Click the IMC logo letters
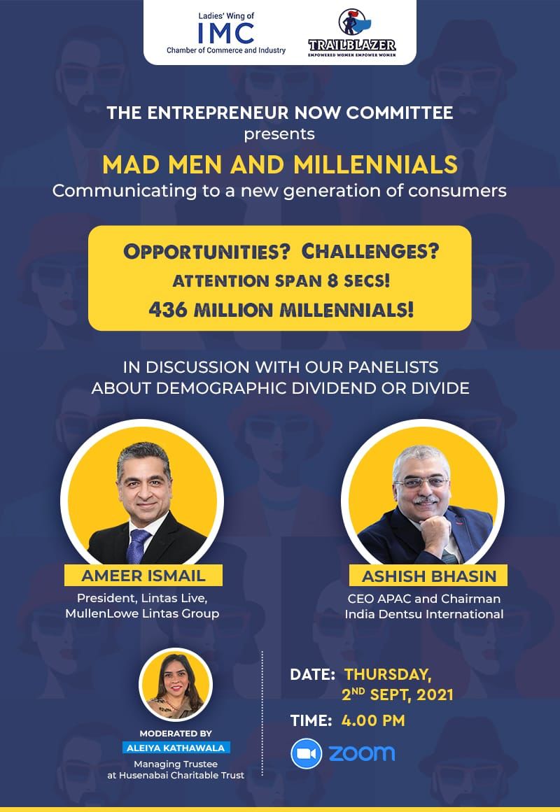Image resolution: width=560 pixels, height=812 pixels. click(x=226, y=34)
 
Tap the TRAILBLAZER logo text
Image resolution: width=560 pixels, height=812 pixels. click(x=351, y=45)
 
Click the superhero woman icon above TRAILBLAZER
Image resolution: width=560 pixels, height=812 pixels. click(x=353, y=22)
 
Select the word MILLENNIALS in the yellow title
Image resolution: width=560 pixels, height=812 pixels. click(x=375, y=164)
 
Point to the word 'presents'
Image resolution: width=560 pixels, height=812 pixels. click(x=279, y=134)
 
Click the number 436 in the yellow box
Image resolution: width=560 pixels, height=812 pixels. click(x=168, y=310)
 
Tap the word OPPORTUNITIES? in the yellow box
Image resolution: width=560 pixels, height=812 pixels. click(x=206, y=252)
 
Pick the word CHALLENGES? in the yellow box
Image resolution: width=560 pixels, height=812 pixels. click(x=370, y=251)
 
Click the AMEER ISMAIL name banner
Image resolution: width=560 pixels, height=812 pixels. click(x=143, y=576)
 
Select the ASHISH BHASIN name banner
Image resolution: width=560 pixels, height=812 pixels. click(x=429, y=576)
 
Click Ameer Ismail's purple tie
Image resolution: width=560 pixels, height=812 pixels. click(x=137, y=546)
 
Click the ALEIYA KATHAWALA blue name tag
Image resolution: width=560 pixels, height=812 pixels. click(x=176, y=748)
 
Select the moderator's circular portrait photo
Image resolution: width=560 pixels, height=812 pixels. click(x=176, y=685)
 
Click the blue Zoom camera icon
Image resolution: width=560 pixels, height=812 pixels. click(x=307, y=753)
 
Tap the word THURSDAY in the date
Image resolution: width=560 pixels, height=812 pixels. click(x=387, y=674)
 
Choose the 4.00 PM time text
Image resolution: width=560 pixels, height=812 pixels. click(x=373, y=720)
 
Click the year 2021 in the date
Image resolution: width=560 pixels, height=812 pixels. click(x=435, y=695)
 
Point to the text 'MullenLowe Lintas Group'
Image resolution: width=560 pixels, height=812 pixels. click(x=142, y=613)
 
